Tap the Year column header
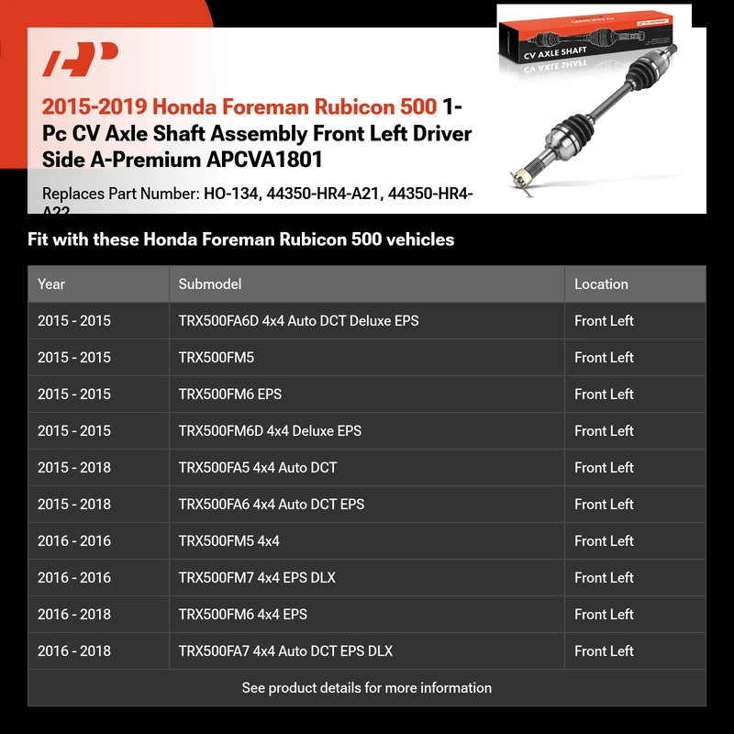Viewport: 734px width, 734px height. pyautogui.click(x=51, y=284)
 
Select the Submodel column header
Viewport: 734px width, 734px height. pyautogui.click(x=210, y=284)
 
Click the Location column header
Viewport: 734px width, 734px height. pyautogui.click(x=601, y=284)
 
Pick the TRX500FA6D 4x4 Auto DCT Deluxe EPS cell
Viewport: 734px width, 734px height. pyautogui.click(x=298, y=321)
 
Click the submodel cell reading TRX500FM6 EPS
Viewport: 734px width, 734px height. pyautogui.click(x=230, y=395)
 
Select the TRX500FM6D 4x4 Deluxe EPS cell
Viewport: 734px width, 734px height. pyautogui.click(x=270, y=431)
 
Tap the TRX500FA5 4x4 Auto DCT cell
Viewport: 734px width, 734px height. pyautogui.click(x=258, y=468)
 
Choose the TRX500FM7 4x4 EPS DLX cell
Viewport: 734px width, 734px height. pyautogui.click(x=257, y=578)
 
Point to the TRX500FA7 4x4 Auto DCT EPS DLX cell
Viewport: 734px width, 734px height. pyautogui.click(x=285, y=651)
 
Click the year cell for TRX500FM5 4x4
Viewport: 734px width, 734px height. pyautogui.click(x=74, y=541)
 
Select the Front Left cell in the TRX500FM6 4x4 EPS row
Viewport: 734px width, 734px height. pyautogui.click(x=604, y=615)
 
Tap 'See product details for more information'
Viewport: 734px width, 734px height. pyautogui.click(x=367, y=687)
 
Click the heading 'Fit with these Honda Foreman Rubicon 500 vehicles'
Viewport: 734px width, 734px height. pyautogui.click(x=241, y=239)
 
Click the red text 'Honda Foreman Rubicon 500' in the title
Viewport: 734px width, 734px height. pyautogui.click(x=303, y=107)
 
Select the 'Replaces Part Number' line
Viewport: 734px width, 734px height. pyautogui.click(x=257, y=195)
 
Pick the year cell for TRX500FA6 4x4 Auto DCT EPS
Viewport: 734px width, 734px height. pyautogui.click(x=74, y=505)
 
